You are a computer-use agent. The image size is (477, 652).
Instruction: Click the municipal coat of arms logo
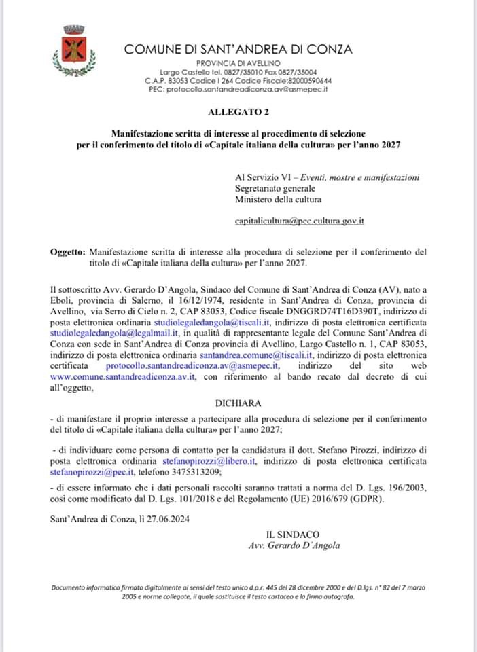point(73,49)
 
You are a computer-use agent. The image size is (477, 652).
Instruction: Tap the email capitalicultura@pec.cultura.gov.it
point(300,221)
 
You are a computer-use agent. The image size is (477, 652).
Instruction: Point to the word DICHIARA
point(238,403)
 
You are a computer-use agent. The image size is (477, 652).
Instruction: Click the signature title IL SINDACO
point(293,535)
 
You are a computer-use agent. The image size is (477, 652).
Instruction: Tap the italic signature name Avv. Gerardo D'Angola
point(294,545)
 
